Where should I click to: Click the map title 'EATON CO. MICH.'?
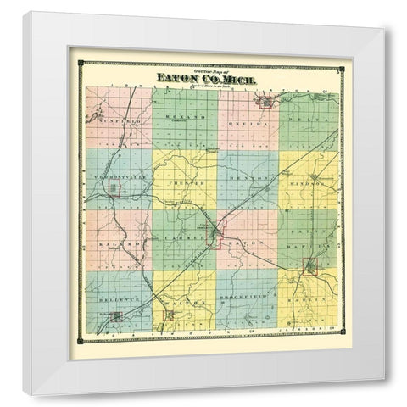pyautogui.click(x=207, y=79)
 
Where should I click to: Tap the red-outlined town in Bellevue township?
pyautogui.click(x=117, y=318)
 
